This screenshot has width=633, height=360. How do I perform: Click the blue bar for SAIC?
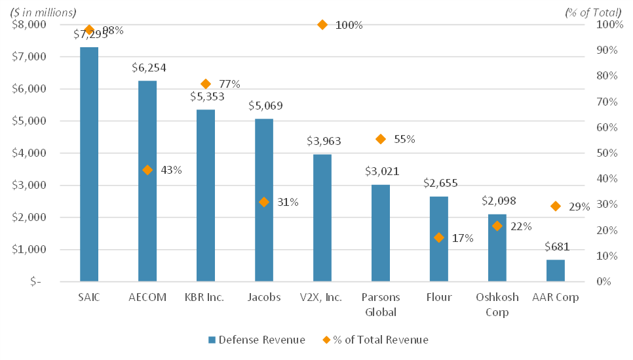(89, 164)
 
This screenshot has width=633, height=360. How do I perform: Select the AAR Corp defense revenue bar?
(555, 270)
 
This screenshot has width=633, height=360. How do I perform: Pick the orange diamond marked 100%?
(322, 25)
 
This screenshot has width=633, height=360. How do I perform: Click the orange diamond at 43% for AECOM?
(147, 170)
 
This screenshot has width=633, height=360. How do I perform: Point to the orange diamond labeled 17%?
(439, 237)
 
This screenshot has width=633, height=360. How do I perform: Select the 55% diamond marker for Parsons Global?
(381, 139)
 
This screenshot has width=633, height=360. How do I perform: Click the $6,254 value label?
(147, 67)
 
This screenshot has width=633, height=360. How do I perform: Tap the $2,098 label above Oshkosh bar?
(497, 200)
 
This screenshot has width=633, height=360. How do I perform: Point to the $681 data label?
(556, 247)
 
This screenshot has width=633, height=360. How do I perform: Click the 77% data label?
(229, 84)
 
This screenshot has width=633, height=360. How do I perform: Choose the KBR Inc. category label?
(206, 297)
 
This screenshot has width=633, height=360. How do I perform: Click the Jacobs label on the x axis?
(264, 297)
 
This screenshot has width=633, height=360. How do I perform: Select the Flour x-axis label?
(439, 297)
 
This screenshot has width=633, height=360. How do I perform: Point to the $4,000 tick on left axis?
(29, 153)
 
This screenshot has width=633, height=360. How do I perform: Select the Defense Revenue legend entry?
(256, 339)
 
